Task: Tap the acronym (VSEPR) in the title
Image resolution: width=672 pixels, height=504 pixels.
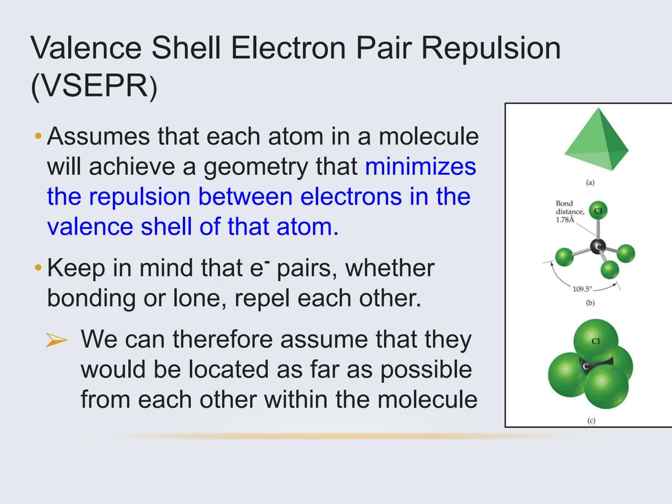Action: pyautogui.click(x=93, y=86)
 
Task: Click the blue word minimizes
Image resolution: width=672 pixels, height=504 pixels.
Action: pyautogui.click(x=420, y=167)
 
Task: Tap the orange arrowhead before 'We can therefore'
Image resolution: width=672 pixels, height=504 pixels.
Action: pyautogui.click(x=56, y=340)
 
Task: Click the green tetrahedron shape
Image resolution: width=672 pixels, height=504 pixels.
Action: pyautogui.click(x=597, y=140)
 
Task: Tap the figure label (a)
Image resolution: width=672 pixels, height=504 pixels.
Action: pyautogui.click(x=590, y=182)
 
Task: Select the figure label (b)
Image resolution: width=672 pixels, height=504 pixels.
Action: pyautogui.click(x=590, y=303)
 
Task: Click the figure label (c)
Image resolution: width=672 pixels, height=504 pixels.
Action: pyautogui.click(x=591, y=420)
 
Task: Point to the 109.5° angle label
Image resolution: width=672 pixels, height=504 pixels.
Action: pyautogui.click(x=582, y=289)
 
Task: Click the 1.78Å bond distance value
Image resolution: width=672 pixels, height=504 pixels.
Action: pyautogui.click(x=565, y=219)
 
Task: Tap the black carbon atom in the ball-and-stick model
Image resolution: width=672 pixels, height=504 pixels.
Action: pyautogui.click(x=597, y=246)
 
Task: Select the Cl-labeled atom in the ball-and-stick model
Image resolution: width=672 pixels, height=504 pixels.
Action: pyautogui.click(x=598, y=211)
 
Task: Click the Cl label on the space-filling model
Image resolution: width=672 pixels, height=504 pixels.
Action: pyautogui.click(x=595, y=341)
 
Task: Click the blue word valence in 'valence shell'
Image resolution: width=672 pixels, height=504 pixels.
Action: pyautogui.click(x=90, y=227)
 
